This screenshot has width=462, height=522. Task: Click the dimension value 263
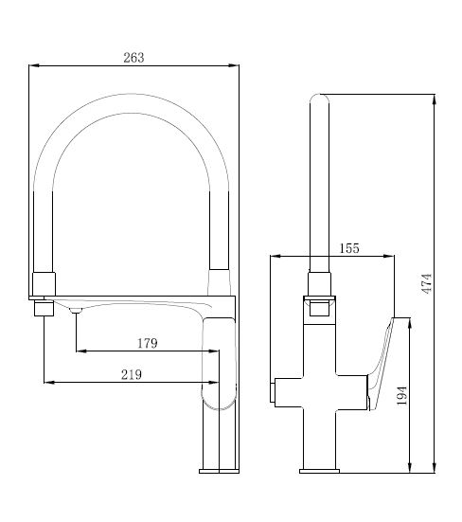tap(133, 58)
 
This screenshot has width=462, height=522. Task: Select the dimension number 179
tap(148, 343)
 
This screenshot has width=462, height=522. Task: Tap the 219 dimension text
tap(132, 374)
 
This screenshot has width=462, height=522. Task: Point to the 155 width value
tap(349, 248)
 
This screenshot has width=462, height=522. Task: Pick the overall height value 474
tap(427, 283)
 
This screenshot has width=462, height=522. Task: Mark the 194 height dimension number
tap(402, 395)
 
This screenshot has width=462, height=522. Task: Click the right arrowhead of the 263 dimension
tap(234, 65)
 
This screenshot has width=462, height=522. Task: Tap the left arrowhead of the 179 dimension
tap(81, 351)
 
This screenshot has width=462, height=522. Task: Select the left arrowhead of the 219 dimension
tap(49, 383)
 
